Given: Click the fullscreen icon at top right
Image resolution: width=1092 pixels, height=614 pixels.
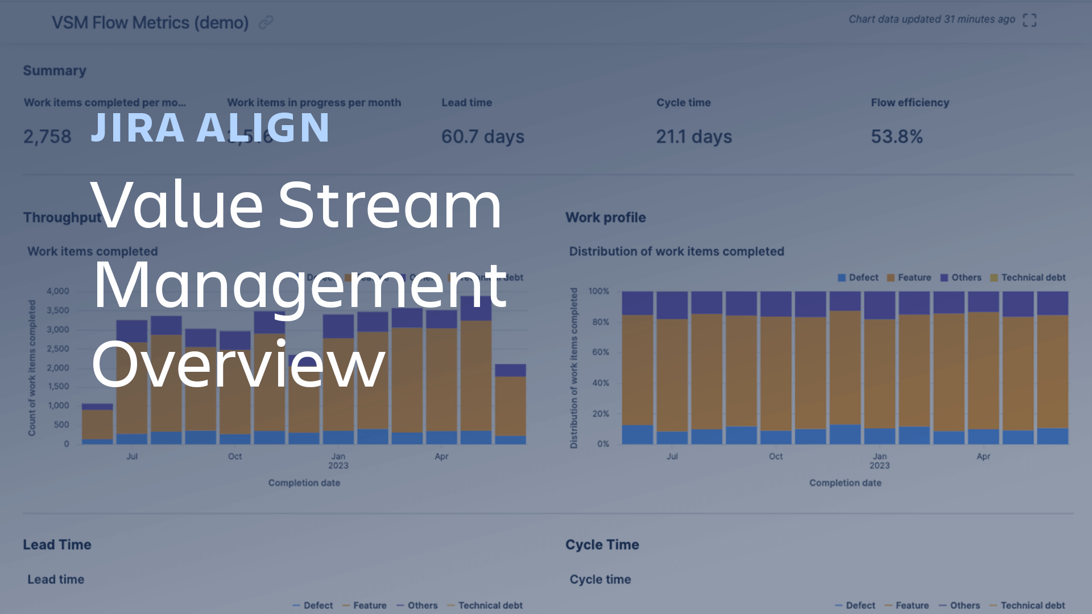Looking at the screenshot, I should click(x=1029, y=20).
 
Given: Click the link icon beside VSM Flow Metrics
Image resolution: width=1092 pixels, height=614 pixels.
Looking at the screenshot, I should click(x=266, y=22).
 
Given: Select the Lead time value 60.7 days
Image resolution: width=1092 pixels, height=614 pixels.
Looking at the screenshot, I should click(x=483, y=136).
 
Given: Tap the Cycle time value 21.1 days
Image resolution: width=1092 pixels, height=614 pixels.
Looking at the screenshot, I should click(x=694, y=136).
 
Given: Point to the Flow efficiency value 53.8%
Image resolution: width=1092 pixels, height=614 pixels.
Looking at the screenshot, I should click(x=897, y=136).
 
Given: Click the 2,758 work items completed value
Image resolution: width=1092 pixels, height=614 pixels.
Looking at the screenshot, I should click(x=47, y=136).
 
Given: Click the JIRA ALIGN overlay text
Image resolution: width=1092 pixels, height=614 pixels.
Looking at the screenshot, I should click(x=210, y=127).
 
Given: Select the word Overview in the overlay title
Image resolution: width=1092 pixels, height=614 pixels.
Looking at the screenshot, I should click(x=238, y=364).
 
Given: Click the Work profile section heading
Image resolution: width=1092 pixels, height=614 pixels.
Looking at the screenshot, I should click(x=605, y=217).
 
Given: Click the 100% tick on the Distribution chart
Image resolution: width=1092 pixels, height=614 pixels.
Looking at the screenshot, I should click(x=598, y=291).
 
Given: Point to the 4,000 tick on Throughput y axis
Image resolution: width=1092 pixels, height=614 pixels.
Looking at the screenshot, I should click(x=57, y=291).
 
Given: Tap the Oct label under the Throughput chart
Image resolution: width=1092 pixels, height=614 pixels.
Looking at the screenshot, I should click(x=235, y=457).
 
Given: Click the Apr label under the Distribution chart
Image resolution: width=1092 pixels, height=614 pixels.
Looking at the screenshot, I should click(x=983, y=457).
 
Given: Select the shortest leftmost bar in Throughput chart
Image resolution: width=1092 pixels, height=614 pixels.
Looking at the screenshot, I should click(x=97, y=424).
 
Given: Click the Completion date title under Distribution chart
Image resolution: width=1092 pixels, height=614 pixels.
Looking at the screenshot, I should click(x=845, y=483).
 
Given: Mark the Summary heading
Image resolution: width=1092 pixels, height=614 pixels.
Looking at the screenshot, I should click(x=55, y=70).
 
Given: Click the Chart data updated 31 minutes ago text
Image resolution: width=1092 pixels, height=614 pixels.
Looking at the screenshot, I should click(x=932, y=19).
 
